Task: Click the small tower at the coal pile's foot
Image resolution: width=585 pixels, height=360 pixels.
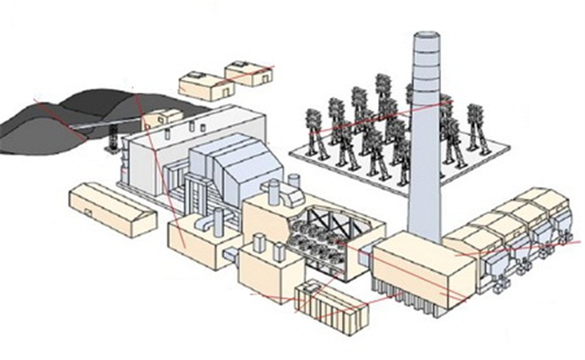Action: point(113,141)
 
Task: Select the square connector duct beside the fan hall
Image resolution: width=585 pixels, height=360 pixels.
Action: point(364,261)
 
